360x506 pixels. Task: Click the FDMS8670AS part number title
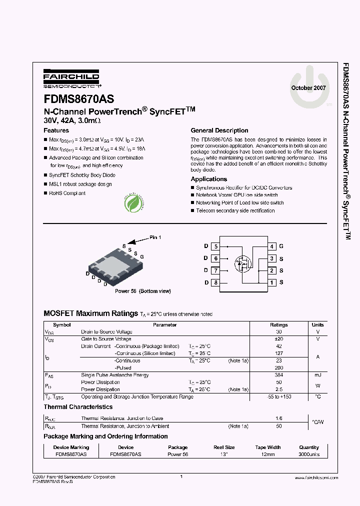[x=79, y=99]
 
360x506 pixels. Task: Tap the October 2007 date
[x=308, y=87]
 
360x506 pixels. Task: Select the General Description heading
[x=219, y=130]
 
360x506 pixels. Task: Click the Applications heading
[x=209, y=179]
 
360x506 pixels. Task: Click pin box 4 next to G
[x=272, y=246]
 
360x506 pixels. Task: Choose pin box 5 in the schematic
[x=215, y=246]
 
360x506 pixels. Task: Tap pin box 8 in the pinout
[x=215, y=283]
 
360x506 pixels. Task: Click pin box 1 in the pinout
[x=272, y=283]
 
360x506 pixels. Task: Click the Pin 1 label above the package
[x=155, y=237]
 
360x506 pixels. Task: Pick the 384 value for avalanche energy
[x=279, y=375]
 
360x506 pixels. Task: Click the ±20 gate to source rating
[x=279, y=339]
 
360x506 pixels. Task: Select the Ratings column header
[x=279, y=325]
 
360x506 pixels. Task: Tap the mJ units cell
[x=317, y=375]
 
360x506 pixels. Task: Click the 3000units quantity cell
[x=309, y=454]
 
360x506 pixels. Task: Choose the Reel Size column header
[x=223, y=447]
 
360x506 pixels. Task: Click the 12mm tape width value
[x=268, y=454]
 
